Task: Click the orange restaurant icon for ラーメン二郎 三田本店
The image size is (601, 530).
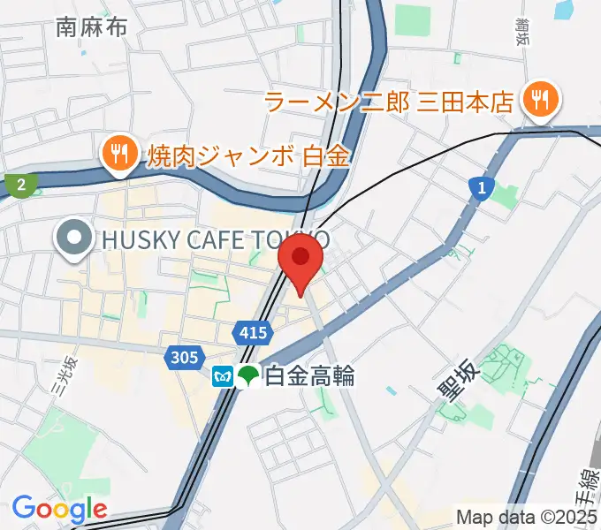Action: (x=537, y=99)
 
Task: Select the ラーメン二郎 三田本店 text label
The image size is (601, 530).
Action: (x=389, y=102)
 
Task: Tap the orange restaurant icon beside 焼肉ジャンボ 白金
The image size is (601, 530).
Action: (x=117, y=155)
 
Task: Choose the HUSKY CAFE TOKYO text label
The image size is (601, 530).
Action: (x=217, y=239)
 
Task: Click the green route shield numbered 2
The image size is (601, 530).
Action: (x=20, y=185)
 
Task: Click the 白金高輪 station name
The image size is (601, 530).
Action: (x=309, y=376)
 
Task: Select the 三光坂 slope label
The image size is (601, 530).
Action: (x=63, y=375)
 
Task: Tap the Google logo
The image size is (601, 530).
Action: (x=59, y=508)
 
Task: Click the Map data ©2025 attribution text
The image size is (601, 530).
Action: (x=527, y=517)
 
